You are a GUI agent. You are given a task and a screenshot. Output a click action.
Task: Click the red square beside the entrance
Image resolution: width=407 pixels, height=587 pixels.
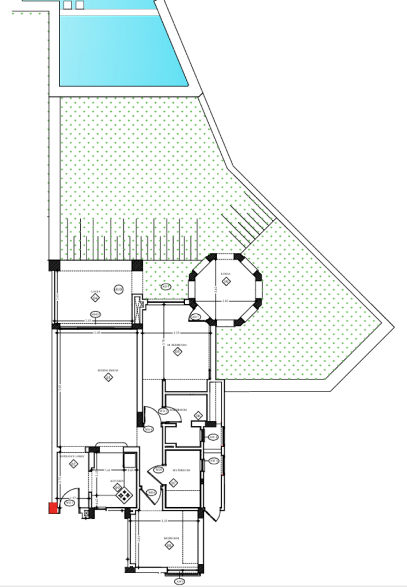tap(53, 507)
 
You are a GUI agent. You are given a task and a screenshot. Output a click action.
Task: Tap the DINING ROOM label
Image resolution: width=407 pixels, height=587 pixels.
tap(107, 371)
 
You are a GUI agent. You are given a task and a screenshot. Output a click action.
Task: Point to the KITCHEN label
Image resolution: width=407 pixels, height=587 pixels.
tap(118, 481)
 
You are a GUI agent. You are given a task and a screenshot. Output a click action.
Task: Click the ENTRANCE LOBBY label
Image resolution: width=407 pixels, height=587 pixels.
tap(72, 456)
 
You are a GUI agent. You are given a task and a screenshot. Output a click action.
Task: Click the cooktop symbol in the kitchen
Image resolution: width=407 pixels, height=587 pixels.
tap(123, 494)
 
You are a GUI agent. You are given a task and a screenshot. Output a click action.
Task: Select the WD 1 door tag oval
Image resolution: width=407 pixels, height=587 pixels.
tap(68, 503)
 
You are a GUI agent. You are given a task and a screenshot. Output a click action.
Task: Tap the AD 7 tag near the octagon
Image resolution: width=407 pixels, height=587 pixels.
tap(195, 317)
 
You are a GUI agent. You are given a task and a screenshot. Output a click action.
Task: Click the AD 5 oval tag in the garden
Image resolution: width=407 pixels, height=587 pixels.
tap(166, 286)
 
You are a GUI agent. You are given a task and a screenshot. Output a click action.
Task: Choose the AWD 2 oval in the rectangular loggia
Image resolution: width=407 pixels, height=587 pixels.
tap(96, 314)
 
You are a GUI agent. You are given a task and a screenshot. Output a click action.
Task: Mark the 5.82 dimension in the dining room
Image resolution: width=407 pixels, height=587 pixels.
tap(60, 387)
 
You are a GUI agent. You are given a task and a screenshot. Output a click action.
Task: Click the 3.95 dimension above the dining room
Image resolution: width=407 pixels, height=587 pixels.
tap(97, 332)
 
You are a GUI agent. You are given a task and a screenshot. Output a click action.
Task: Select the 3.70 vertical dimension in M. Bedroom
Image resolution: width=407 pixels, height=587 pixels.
tap(163, 342)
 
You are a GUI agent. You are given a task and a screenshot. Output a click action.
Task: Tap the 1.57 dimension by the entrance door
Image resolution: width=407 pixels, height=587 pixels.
tap(73, 498)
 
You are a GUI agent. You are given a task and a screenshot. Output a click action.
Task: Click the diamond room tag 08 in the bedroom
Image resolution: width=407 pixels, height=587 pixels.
tap(169, 545)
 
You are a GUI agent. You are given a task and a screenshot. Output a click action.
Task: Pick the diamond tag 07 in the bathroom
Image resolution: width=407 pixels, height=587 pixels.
tap(174, 483)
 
